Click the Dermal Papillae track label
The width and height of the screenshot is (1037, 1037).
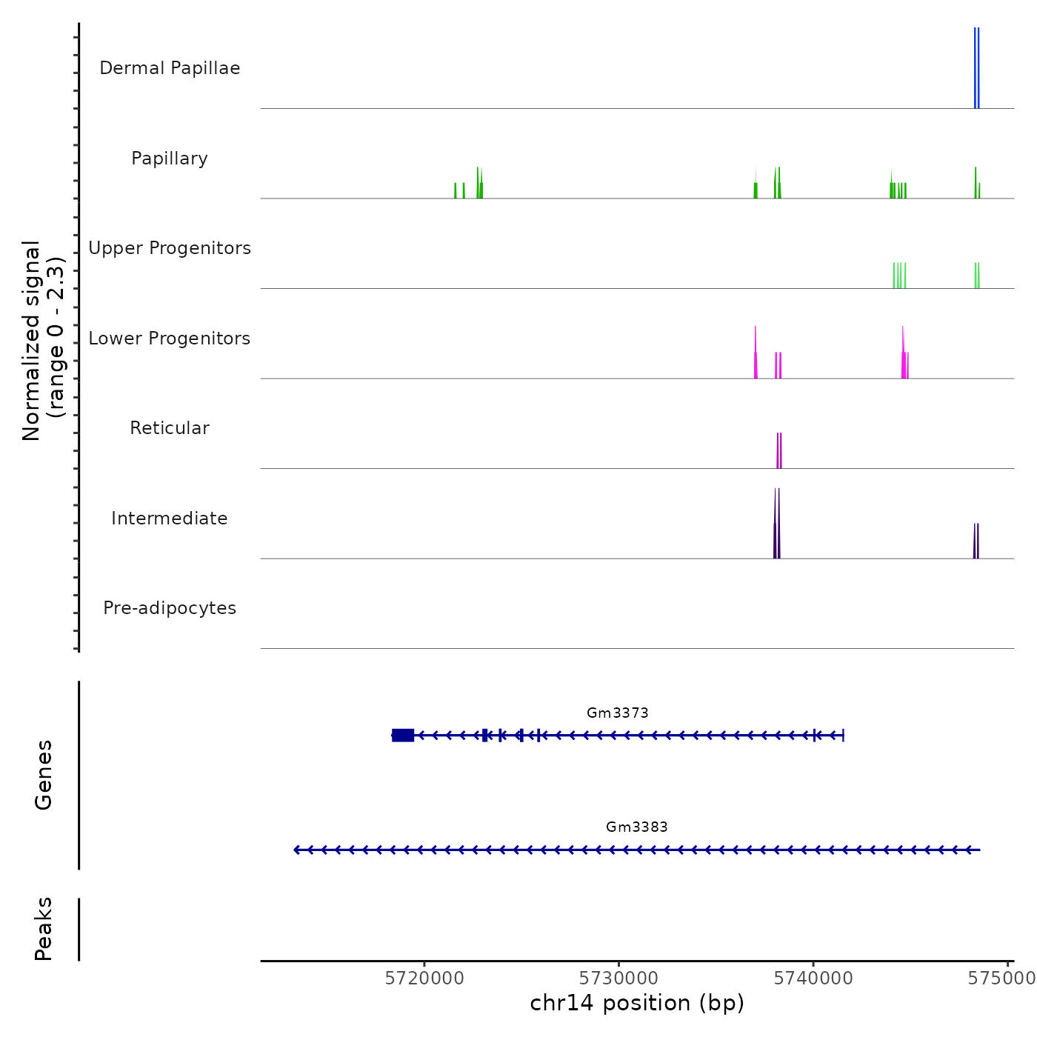pos(170,68)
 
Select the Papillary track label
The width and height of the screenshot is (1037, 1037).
pos(170,159)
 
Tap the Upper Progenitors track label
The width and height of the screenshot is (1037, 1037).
pos(170,248)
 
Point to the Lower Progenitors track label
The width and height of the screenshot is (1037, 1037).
pos(170,339)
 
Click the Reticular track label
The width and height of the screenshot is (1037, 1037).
pos(170,428)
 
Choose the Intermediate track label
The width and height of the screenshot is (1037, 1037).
pos(170,518)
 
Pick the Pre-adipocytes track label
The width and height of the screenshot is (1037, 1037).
pos(170,608)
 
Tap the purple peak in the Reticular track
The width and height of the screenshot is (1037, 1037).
pos(779,450)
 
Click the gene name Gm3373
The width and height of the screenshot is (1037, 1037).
pos(618,713)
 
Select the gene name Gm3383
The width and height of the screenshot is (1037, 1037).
pos(637,827)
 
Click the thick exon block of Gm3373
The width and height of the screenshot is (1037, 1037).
pos(403,735)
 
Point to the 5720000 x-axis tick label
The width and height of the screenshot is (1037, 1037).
pos(424,978)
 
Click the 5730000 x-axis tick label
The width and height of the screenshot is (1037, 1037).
pos(619,978)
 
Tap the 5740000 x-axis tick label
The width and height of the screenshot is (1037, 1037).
pos(813,978)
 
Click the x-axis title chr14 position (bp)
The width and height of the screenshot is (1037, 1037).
pos(637,1003)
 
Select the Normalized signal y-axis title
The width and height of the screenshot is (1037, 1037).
pos(43,341)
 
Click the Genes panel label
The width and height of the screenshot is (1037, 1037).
pos(44,775)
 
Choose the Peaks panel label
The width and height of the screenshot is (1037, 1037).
pos(44,929)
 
